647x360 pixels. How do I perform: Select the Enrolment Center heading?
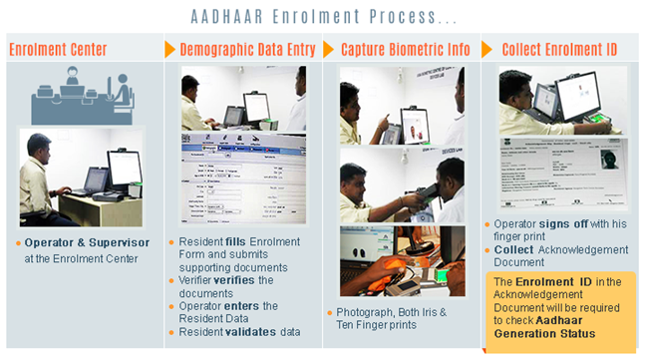(58, 49)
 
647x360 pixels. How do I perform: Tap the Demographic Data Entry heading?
(247, 49)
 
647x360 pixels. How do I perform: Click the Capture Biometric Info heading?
(405, 49)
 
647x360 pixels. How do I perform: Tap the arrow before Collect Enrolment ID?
(487, 49)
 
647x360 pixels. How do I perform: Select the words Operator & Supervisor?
(87, 242)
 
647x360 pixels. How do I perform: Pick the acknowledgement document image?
(561, 171)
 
